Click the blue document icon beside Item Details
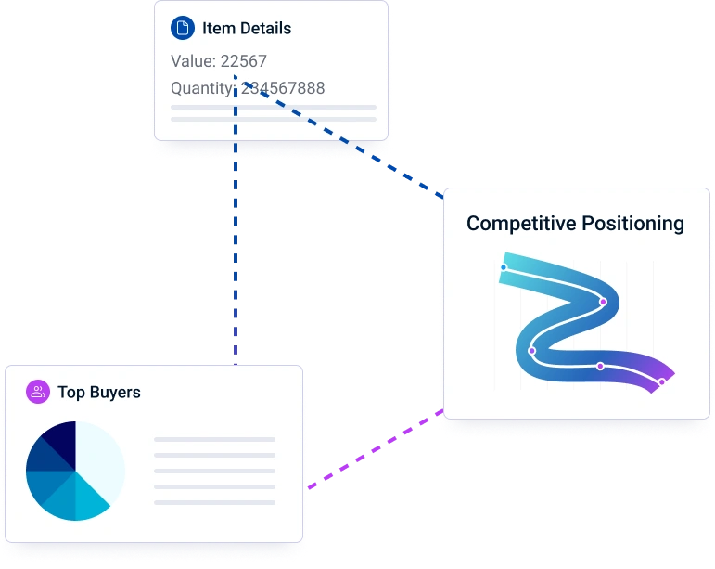coord(183,28)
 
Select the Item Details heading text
coord(247,28)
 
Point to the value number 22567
coord(244,61)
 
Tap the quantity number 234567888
coord(283,88)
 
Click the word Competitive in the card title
coord(521,224)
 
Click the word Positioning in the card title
coord(633,224)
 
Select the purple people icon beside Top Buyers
coord(38,392)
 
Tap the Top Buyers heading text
coord(99,393)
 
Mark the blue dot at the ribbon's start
coord(504,267)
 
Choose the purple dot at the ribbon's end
coord(662,381)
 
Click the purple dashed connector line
coord(376,449)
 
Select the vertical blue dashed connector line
coord(236,220)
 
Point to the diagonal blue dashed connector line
coord(343,140)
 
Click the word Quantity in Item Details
coord(202,88)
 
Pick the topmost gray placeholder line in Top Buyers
coord(215,440)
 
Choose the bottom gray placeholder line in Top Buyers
coord(215,503)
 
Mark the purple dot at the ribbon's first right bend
coord(603,302)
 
